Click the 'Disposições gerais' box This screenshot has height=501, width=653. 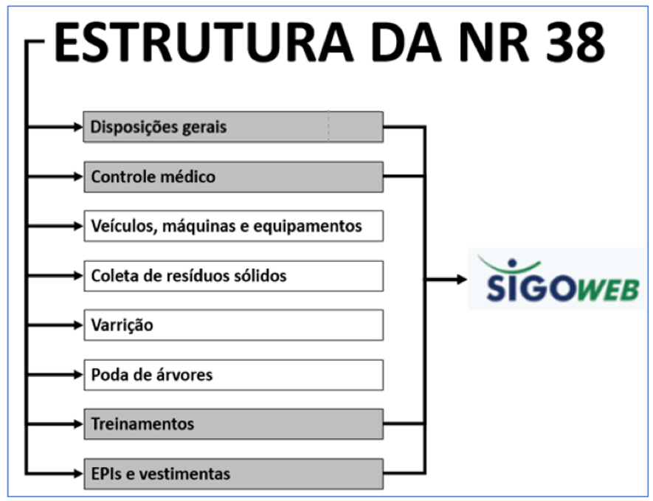233,127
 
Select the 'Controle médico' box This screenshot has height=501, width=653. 234,177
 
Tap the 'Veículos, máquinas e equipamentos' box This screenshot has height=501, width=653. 234,226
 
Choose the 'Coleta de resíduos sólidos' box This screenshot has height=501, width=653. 234,276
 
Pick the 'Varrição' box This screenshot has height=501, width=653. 234,325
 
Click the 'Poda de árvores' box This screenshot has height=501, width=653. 234,375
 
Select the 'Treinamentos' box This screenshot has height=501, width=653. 234,424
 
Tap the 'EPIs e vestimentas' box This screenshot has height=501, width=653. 234,474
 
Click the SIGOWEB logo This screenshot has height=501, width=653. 556,279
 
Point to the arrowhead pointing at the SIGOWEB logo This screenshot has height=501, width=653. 462,280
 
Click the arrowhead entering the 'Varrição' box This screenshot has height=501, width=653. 79,325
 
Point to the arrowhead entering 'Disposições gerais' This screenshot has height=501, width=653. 79,127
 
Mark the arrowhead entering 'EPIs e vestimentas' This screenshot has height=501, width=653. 79,474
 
